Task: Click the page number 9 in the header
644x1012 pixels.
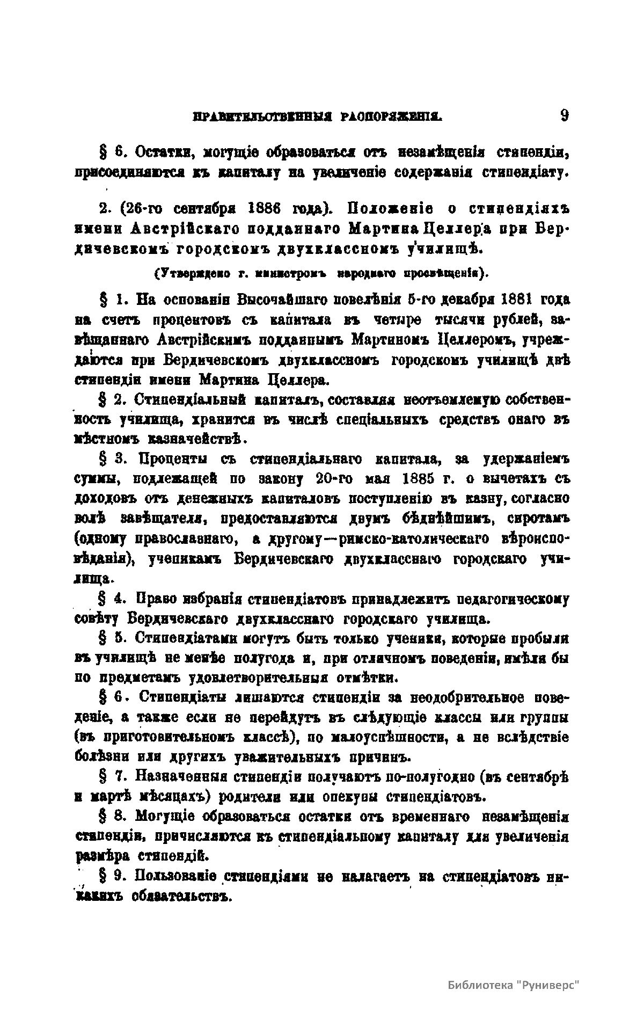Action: [x=563, y=117]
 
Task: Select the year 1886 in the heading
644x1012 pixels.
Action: [x=253, y=208]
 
